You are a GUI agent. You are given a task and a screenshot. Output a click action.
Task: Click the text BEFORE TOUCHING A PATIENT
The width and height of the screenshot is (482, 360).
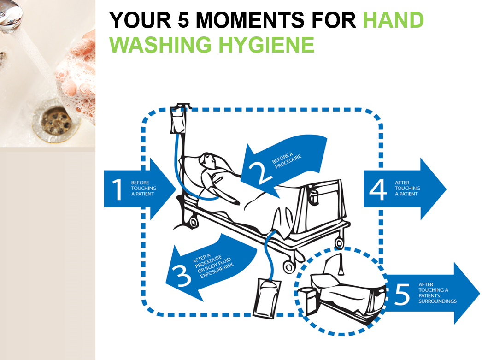tap(143, 188)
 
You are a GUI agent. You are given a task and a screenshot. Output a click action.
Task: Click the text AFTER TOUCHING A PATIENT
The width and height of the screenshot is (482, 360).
tap(407, 188)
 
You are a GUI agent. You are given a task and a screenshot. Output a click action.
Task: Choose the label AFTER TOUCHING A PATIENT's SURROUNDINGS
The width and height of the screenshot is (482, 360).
tap(437, 293)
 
